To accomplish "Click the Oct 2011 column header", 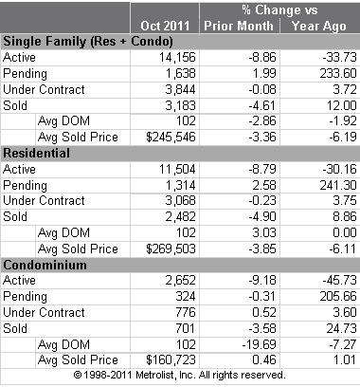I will pyautogui.click(x=170, y=24).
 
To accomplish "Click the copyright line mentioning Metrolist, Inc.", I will pyautogui.click(x=180, y=376).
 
